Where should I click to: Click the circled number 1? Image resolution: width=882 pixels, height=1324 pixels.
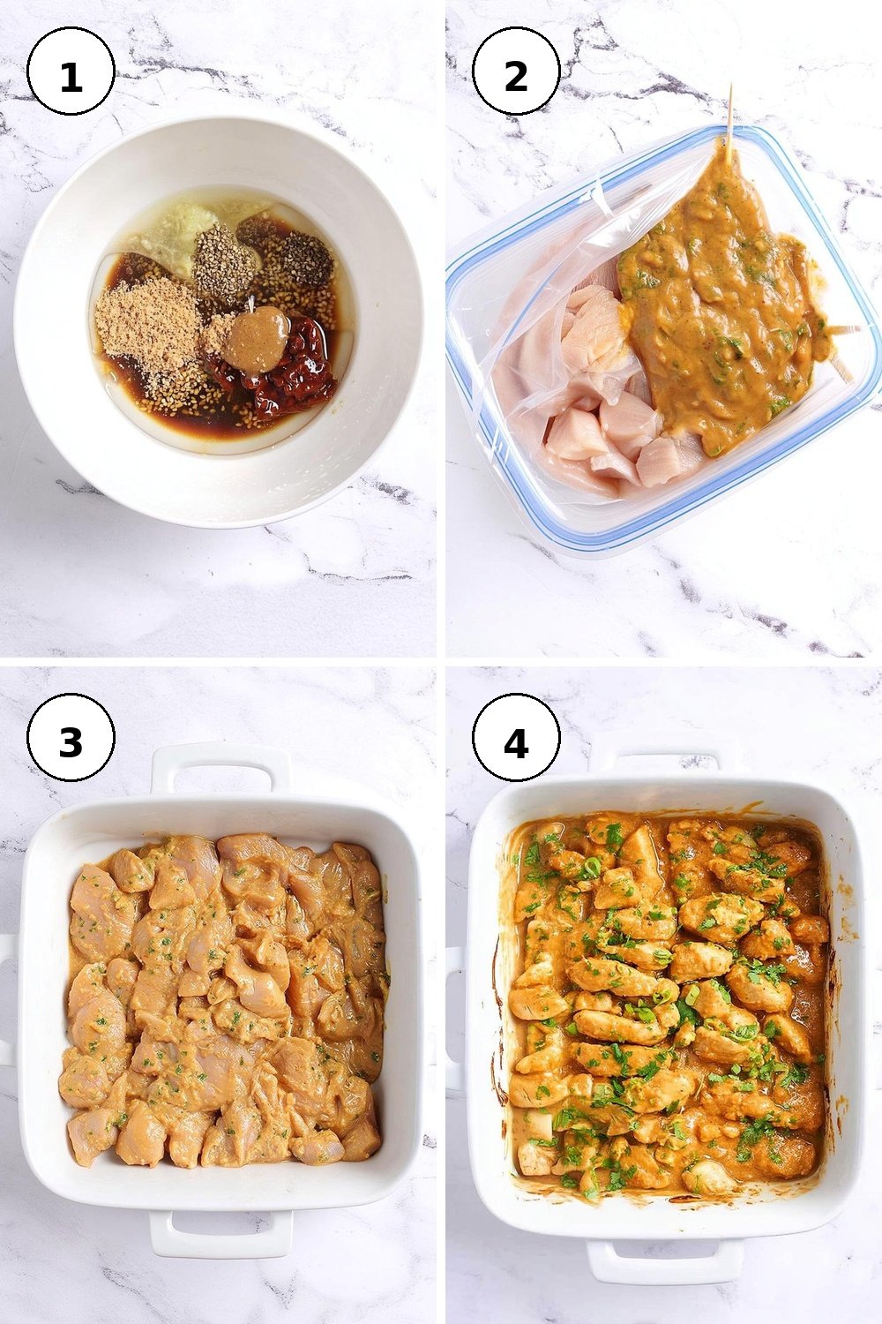[71, 71]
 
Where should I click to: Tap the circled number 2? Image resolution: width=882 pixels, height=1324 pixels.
[516, 71]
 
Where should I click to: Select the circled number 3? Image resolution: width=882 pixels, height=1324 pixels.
[71, 737]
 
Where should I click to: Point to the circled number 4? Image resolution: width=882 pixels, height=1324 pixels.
[516, 737]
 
